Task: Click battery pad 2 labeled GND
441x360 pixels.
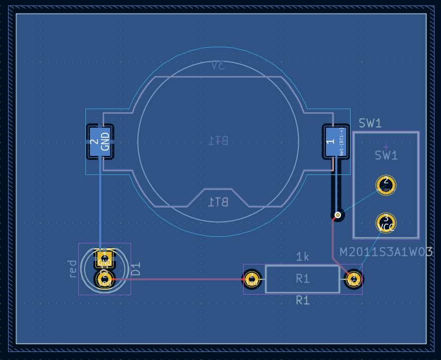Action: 100,142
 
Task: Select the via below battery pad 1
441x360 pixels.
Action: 338,215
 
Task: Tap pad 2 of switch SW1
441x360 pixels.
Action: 386,186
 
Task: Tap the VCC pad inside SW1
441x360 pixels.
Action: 386,223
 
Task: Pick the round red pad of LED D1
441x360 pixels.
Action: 104,280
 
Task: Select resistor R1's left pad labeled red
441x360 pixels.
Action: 252,279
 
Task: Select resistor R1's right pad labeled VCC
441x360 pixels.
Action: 354,279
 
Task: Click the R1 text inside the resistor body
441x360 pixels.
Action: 302,279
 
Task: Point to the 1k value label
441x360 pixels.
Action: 302,257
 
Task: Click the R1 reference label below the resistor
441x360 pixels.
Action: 302,301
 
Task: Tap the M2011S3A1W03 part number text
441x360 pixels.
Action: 386,252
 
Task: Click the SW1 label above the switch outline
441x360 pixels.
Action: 370,123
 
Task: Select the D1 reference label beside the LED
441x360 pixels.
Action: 136,269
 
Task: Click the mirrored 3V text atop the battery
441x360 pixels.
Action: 218,66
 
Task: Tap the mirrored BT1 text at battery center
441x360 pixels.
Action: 218,140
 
